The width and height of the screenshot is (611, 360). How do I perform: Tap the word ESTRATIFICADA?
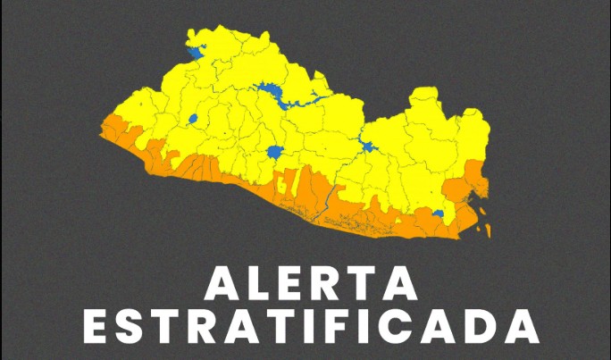315,328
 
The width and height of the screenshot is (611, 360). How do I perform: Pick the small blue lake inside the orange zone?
438,213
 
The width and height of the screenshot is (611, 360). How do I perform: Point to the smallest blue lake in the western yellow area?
192,118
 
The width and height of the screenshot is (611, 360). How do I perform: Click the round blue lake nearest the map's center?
275,152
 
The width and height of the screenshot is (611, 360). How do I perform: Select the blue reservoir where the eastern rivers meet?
367,147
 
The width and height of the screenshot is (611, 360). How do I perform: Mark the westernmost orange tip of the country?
102,131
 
